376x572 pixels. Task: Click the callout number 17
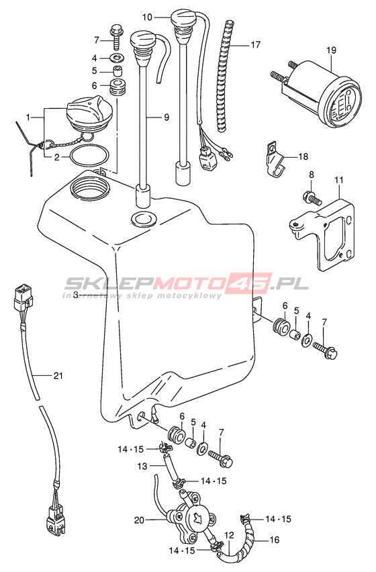pyautogui.click(x=256, y=44)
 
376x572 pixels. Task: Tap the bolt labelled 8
pyautogui.click(x=311, y=197)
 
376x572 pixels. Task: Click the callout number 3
pyautogui.click(x=75, y=294)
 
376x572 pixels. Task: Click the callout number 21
pyautogui.click(x=58, y=375)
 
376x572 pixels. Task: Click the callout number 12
pyautogui.click(x=229, y=536)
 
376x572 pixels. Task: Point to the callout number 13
pyautogui.click(x=142, y=466)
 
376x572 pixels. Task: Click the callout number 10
pyautogui.click(x=147, y=17)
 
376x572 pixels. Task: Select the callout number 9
pyautogui.click(x=167, y=117)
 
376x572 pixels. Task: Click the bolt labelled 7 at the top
pyautogui.click(x=116, y=37)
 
